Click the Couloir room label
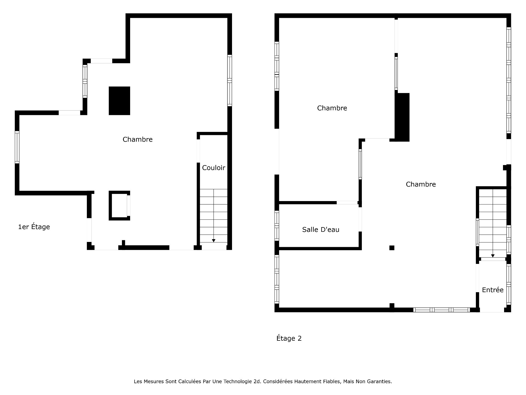tap(214, 168)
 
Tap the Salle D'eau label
tap(321, 230)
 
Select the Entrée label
tap(493, 290)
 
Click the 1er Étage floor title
tap(34, 227)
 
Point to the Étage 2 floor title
tap(289, 338)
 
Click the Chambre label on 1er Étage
tap(138, 139)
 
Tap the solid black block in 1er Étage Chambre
tap(119, 101)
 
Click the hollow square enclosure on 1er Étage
tap(110, 205)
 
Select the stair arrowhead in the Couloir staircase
tap(214, 241)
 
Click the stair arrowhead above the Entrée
tap(493, 256)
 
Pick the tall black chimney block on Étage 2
tap(402, 117)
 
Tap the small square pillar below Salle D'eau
tap(392, 248)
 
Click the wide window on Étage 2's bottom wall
tap(442, 310)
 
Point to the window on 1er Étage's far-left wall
tap(17, 147)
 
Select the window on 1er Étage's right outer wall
tap(230, 80)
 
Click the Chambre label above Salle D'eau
tap(332, 108)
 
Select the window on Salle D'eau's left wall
tap(277, 226)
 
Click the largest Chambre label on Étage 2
tap(421, 184)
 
